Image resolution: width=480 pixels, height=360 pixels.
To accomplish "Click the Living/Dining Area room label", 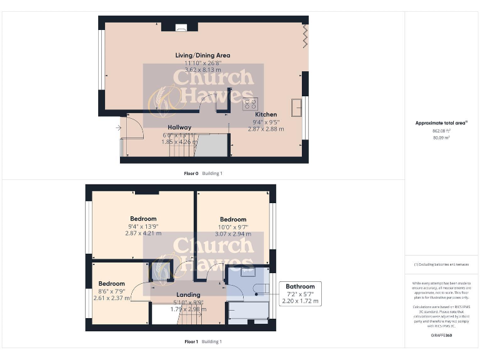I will (202, 55).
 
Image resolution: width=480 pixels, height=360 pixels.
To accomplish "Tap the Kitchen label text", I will (264, 114).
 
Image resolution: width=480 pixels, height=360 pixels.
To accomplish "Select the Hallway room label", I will (179, 127).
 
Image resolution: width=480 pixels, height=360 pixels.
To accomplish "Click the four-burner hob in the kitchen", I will (251, 104).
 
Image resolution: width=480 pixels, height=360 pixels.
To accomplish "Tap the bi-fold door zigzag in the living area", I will (305, 35).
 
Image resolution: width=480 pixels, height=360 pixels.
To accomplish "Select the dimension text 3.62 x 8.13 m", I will (202, 71).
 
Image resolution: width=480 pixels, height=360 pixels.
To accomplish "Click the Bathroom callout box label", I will (300, 286).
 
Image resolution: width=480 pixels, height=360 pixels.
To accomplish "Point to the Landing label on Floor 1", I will (188, 294).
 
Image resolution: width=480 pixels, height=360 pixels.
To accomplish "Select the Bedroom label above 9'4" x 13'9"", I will (143, 219).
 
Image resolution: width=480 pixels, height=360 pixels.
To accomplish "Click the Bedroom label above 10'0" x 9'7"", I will (232, 219).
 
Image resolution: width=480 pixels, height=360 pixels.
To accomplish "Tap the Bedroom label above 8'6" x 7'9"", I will (111, 283).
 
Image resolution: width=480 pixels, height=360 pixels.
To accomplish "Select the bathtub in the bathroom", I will (249, 311).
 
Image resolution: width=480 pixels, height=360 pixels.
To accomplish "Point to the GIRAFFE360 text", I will (441, 336).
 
